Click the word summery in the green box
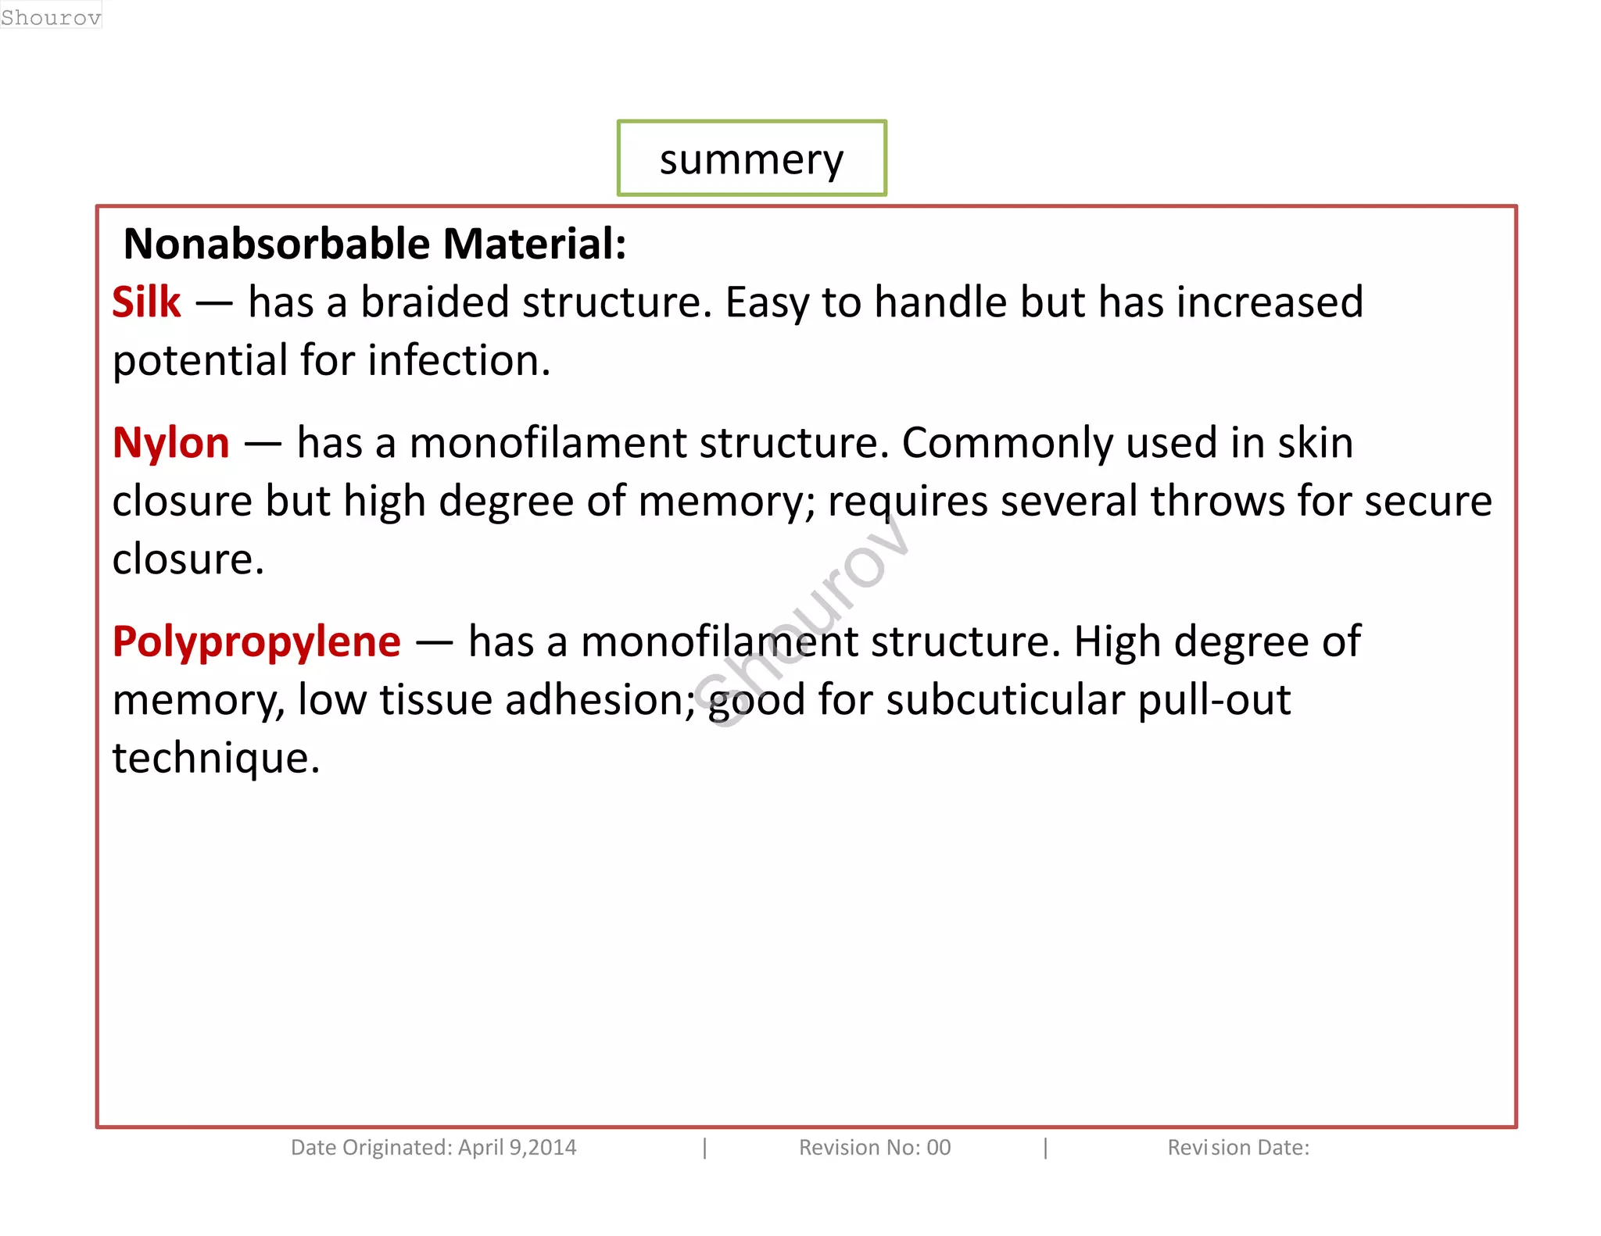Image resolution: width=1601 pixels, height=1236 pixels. pyautogui.click(x=751, y=160)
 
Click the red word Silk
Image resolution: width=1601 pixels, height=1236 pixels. pyautogui.click(x=146, y=302)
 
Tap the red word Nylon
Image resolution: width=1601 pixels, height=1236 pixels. pyautogui.click(x=170, y=443)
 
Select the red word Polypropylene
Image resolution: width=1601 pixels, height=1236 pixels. pyautogui.click(x=256, y=642)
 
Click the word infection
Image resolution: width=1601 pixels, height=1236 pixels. pyautogui.click(x=459, y=361)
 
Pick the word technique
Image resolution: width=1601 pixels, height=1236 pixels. pyautogui.click(x=216, y=759)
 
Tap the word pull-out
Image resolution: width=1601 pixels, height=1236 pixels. pyautogui.click(x=1213, y=700)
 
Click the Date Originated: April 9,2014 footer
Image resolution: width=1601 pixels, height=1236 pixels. pyautogui.click(x=433, y=1148)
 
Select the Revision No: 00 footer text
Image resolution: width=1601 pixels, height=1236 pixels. pyautogui.click(x=874, y=1148)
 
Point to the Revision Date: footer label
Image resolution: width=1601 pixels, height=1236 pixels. pyautogui.click(x=1237, y=1148)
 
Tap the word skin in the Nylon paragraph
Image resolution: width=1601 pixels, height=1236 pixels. pyautogui.click(x=1315, y=443)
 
